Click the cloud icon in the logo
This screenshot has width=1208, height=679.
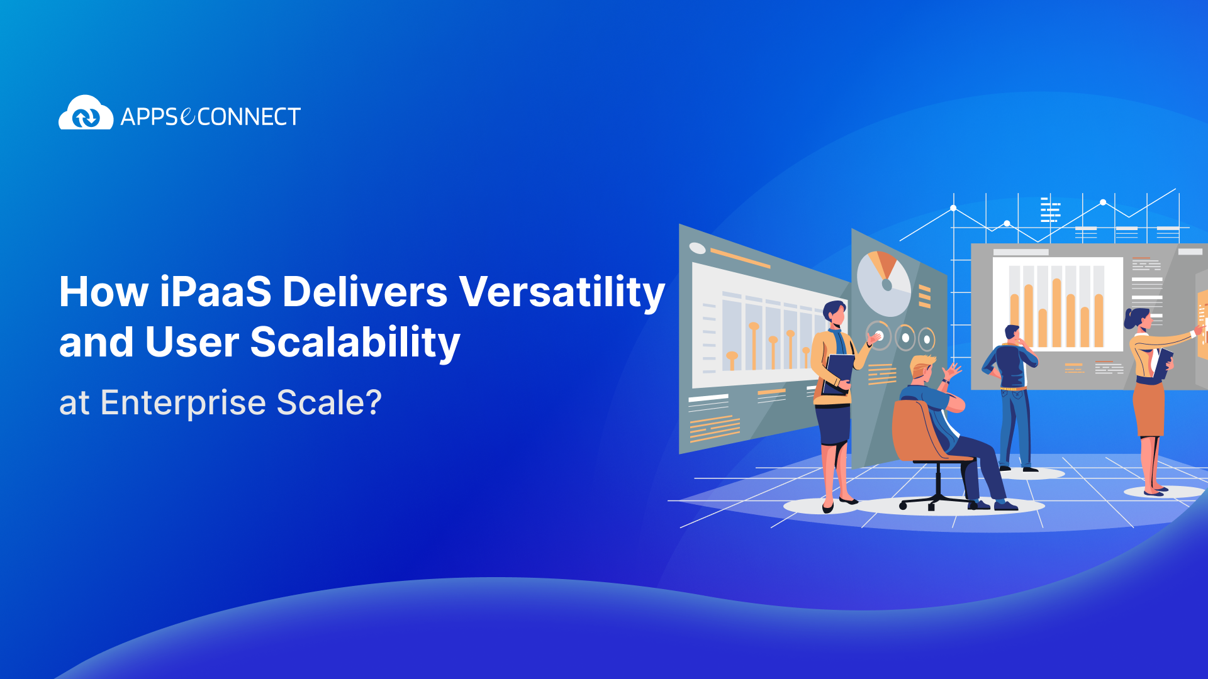(x=86, y=113)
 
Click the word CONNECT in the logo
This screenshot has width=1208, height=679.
(x=249, y=117)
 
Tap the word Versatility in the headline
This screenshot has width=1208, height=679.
(x=561, y=292)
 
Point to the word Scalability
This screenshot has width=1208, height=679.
(x=355, y=343)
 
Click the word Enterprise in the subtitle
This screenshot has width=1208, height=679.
(x=183, y=402)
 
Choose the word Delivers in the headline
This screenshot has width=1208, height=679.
(x=365, y=292)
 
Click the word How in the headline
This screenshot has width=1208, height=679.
(x=103, y=292)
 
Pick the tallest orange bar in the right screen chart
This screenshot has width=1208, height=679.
(x=1057, y=312)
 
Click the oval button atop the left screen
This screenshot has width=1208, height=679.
(x=698, y=248)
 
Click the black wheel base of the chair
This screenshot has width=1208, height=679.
(x=936, y=501)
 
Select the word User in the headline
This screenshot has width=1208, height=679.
(x=192, y=343)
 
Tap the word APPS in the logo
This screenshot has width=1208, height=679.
(x=150, y=117)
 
